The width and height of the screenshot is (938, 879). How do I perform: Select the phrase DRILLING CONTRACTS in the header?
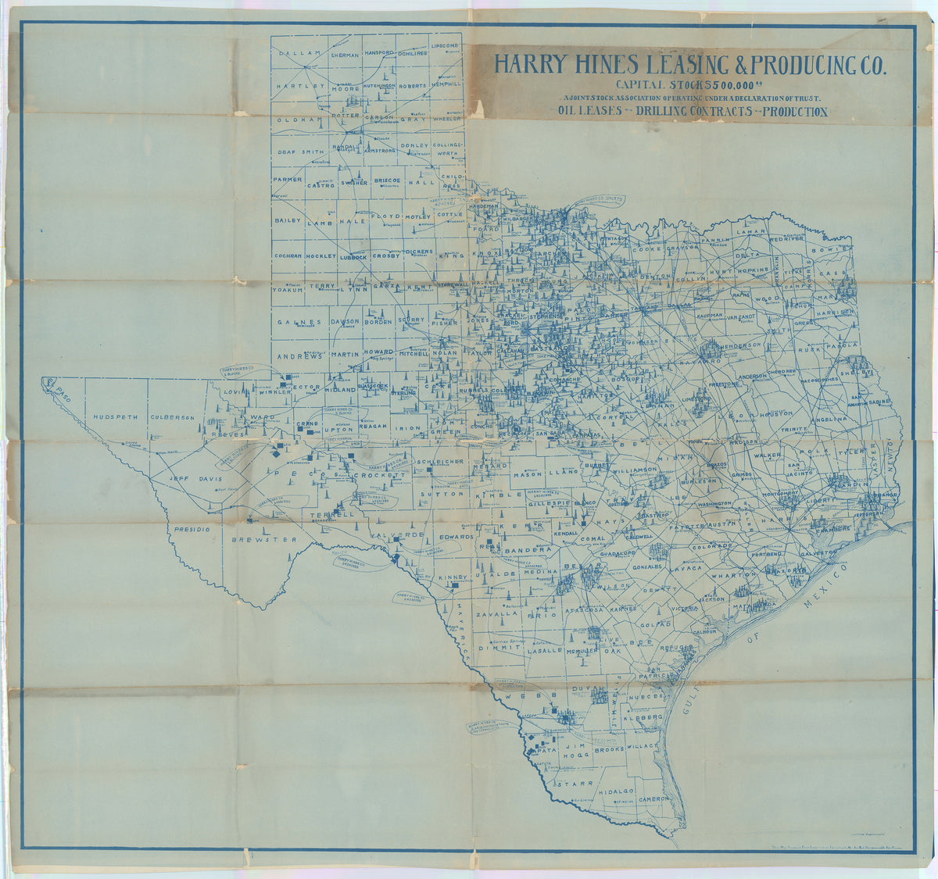pos(688,112)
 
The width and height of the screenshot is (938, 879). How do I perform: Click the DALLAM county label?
pos(294,52)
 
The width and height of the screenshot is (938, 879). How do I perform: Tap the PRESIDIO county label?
pos(192,529)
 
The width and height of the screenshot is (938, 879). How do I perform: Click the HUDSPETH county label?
pos(114,417)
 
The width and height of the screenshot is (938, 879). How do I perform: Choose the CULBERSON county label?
pos(172,417)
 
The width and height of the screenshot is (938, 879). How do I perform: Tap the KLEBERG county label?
pos(643,716)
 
